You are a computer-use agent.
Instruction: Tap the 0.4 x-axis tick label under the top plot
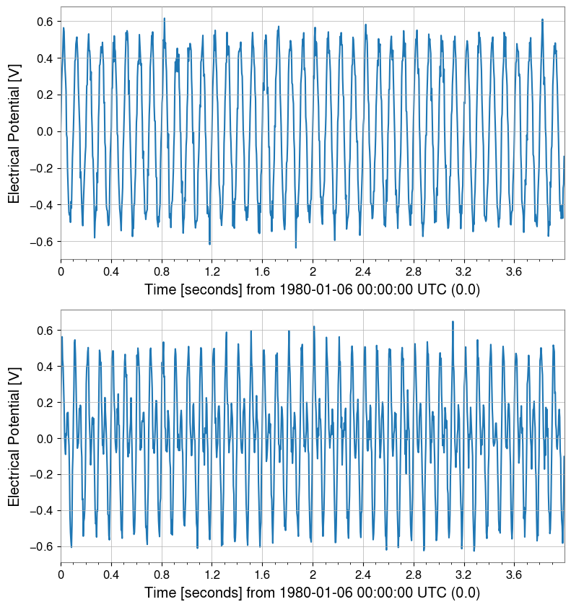point(111,271)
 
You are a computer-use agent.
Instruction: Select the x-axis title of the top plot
point(312,289)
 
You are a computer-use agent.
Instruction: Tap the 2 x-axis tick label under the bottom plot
point(313,575)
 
